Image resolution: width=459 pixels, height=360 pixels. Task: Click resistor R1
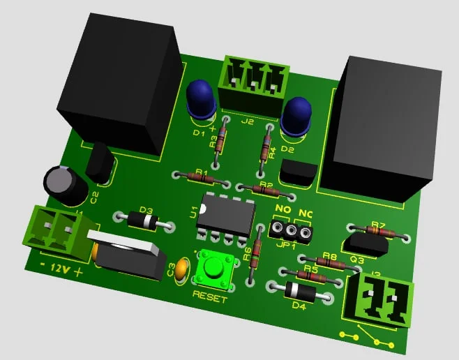coord(202,177)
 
